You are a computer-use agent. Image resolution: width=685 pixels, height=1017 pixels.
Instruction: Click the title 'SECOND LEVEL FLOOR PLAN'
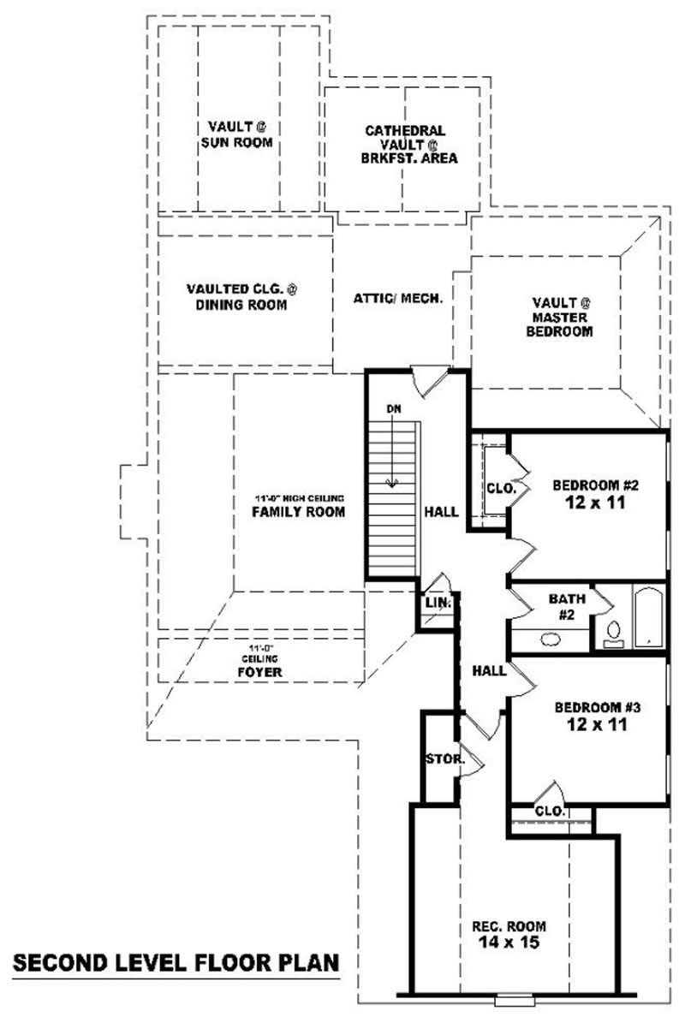[x=176, y=962]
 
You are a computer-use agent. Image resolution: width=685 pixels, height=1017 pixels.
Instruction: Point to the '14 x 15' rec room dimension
[x=509, y=943]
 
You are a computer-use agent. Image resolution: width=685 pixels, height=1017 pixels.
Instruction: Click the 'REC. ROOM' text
[x=509, y=926]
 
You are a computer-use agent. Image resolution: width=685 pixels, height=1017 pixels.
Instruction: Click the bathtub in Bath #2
[x=648, y=616]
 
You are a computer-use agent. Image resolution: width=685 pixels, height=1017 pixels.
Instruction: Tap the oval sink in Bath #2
[x=548, y=639]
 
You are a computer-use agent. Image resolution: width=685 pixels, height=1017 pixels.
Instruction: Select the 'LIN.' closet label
[x=438, y=604]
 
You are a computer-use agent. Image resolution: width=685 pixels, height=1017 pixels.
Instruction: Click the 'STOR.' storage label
[x=444, y=759]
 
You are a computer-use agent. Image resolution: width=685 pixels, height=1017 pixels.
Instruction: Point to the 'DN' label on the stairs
[x=393, y=408]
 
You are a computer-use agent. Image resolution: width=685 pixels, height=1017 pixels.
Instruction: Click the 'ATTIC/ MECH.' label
[x=397, y=299]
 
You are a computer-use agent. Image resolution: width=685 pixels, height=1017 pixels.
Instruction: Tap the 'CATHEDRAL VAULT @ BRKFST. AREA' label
[x=406, y=144]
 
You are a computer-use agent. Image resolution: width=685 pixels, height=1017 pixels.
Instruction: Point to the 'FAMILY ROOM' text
[x=298, y=512]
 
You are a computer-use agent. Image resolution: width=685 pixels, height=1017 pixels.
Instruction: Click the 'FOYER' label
[x=259, y=672]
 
